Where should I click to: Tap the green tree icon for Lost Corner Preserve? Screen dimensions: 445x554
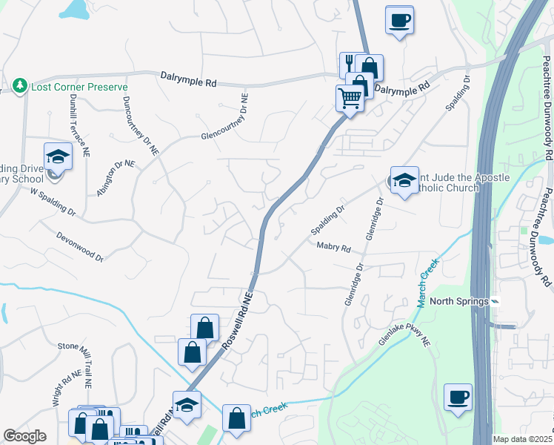point(21,87)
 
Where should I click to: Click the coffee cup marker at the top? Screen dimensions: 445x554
point(400,20)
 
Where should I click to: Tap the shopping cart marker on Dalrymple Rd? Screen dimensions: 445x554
point(350,97)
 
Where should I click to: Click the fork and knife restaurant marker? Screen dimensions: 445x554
point(349,64)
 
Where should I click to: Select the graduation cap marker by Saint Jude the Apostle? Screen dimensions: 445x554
point(404,180)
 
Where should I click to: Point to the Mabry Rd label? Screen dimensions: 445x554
point(333,248)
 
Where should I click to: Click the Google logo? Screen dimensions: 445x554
point(24,436)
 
